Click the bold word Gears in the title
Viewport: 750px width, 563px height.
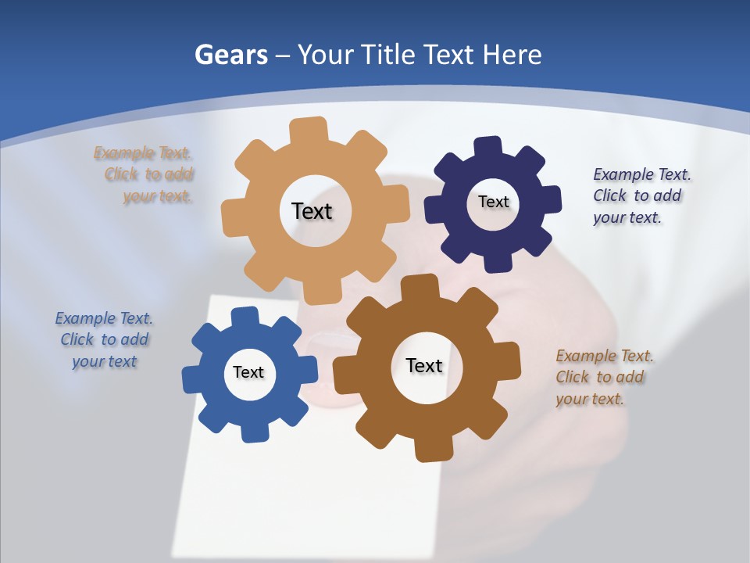tap(230, 55)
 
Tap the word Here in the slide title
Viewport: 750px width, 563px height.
tap(512, 55)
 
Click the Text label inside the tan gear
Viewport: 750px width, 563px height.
tap(312, 211)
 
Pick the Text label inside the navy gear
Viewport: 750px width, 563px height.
tap(493, 202)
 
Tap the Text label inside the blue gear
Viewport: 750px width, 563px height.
tap(248, 372)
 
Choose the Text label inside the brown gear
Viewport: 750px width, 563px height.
tap(424, 365)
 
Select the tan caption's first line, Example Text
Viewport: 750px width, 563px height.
tap(143, 153)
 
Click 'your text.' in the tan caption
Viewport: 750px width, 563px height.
tap(158, 197)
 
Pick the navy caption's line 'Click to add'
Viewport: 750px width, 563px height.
tap(637, 195)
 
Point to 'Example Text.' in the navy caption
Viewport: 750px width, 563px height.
tap(642, 174)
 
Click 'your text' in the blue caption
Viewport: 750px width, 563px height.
tap(105, 361)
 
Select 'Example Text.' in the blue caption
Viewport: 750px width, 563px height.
tap(104, 318)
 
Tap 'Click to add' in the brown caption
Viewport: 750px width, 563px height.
tap(600, 377)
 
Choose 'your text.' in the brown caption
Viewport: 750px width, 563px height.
tap(590, 399)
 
